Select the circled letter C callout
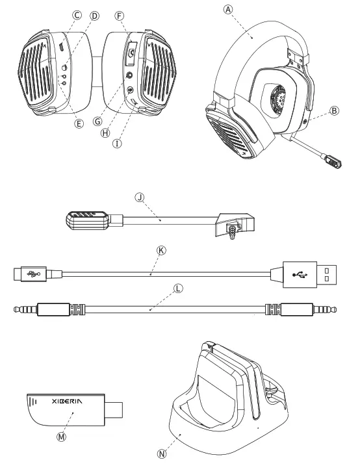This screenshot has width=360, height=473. point(77,14)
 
